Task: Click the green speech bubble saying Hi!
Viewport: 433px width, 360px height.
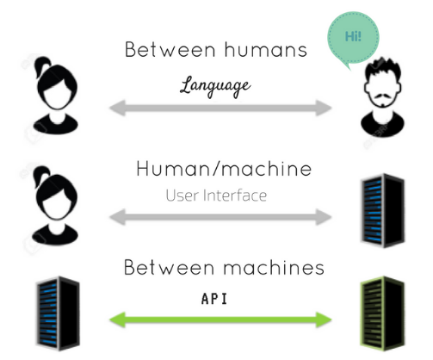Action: pos(353,38)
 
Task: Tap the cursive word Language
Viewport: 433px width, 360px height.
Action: pos(215,86)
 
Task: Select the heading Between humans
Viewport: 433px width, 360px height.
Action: pos(216,50)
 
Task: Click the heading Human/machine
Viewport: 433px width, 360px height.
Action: pos(224,169)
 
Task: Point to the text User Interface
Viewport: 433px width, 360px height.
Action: pos(216,196)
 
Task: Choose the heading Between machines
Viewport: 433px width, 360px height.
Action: pos(224,267)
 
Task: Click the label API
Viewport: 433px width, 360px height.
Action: pos(214,299)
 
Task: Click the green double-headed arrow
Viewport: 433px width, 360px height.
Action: pos(220,320)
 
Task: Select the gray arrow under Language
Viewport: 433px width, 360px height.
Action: pos(220,108)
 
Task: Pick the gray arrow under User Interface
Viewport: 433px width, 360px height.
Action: pos(220,217)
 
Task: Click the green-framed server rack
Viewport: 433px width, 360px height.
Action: pos(382,313)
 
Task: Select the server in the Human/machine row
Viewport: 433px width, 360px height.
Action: pos(382,210)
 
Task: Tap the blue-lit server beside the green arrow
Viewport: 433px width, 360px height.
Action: pos(58,313)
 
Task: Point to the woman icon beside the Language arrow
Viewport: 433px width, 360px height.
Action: pos(56,96)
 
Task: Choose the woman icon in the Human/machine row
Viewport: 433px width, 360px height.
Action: pos(55,206)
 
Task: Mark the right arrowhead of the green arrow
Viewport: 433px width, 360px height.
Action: pos(324,320)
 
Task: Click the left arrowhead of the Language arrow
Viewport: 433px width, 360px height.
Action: pos(118,108)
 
